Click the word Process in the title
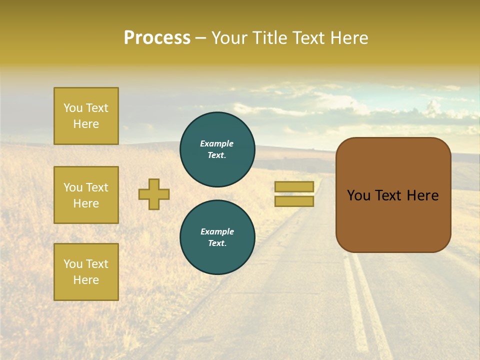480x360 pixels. (x=157, y=38)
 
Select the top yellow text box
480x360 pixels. (x=86, y=116)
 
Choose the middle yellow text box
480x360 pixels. (x=86, y=195)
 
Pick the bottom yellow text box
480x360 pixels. (x=86, y=271)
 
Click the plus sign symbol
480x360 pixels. (x=154, y=194)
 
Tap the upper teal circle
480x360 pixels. (x=217, y=149)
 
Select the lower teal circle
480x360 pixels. (x=217, y=237)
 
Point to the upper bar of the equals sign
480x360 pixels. (x=294, y=186)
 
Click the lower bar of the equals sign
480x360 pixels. (x=294, y=201)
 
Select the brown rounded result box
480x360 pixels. (x=393, y=220)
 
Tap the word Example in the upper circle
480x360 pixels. (x=216, y=143)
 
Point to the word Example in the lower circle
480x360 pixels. (x=217, y=231)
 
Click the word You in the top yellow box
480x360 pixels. (x=73, y=108)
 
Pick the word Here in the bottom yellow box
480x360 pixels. (x=86, y=280)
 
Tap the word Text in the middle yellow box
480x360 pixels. (x=97, y=187)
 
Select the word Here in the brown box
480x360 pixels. (x=422, y=195)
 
